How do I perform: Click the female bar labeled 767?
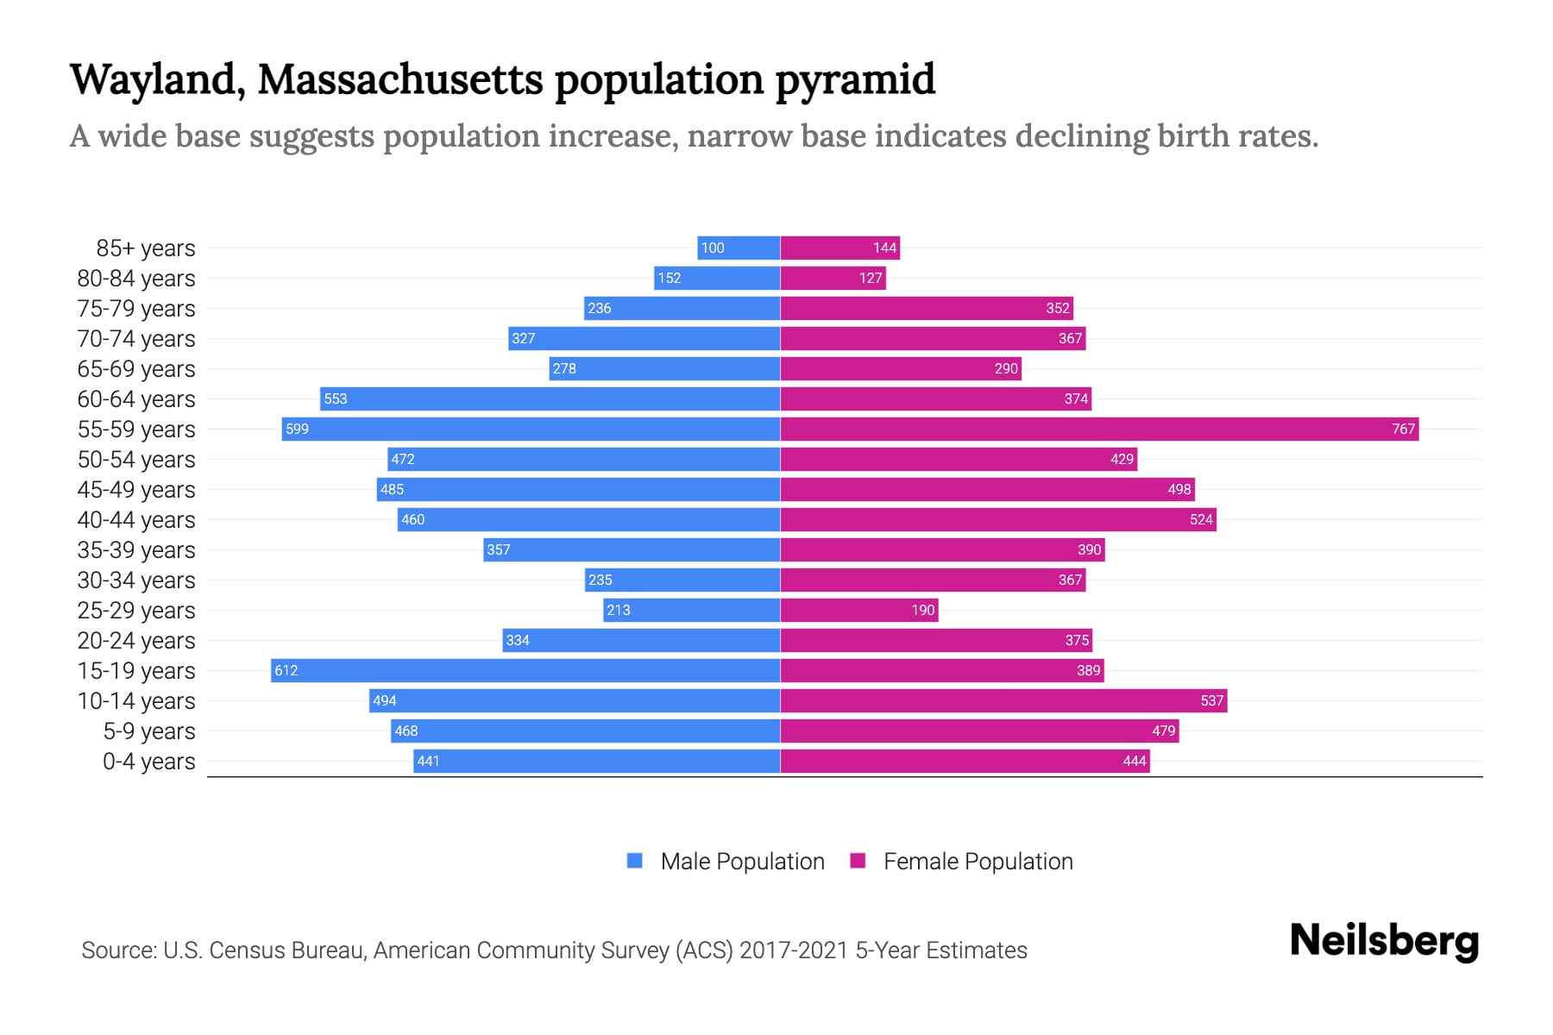pyautogui.click(x=1099, y=429)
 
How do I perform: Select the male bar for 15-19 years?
pyautogui.click(x=525, y=670)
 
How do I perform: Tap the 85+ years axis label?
pyautogui.click(x=145, y=248)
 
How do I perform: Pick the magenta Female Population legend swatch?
pyautogui.click(x=858, y=861)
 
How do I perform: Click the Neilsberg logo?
pyautogui.click(x=1384, y=941)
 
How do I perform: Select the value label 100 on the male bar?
pyautogui.click(x=713, y=248)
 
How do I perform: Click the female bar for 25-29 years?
pyautogui.click(x=858, y=610)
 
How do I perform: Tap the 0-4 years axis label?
pyautogui.click(x=148, y=762)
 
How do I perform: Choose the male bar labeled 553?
pyautogui.click(x=550, y=398)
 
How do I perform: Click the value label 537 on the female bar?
pyautogui.click(x=1211, y=701)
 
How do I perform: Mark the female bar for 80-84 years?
pyautogui.click(x=833, y=278)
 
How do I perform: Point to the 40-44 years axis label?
pyautogui.click(x=136, y=520)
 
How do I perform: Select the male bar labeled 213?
pyautogui.click(x=691, y=610)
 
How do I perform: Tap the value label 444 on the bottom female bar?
pyautogui.click(x=1134, y=761)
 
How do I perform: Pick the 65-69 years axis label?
pyautogui.click(x=136, y=369)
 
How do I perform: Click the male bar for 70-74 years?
pyautogui.click(x=644, y=338)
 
